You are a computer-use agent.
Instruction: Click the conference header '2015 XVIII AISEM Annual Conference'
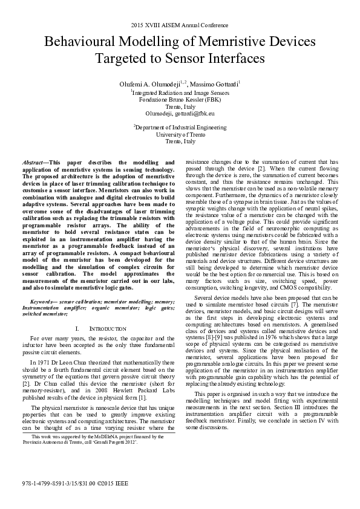pos(180,25)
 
